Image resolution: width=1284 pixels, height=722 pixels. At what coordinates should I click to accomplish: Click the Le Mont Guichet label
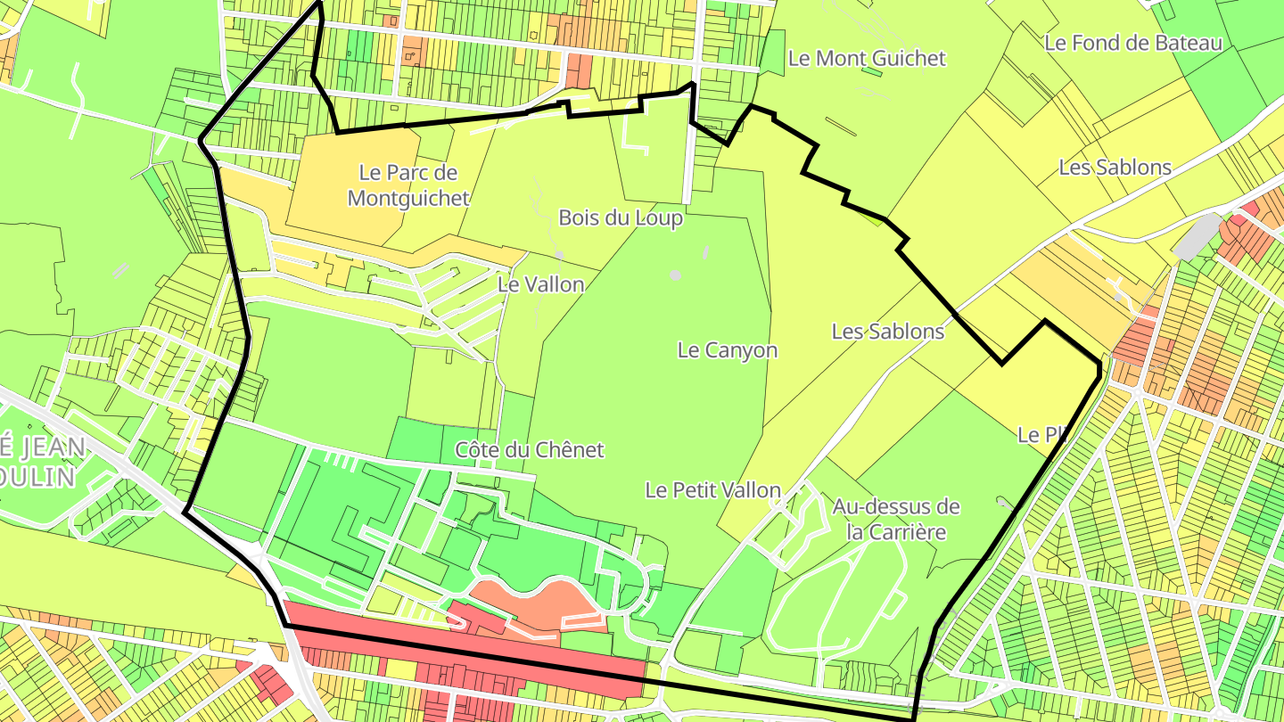[867, 59]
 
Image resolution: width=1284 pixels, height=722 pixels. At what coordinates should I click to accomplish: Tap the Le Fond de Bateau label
[1132, 43]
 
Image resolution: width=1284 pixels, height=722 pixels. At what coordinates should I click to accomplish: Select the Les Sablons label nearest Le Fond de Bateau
[1115, 168]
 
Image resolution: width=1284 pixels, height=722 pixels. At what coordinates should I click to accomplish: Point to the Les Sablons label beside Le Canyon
[887, 332]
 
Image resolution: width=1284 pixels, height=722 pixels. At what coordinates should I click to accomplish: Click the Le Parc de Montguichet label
[408, 185]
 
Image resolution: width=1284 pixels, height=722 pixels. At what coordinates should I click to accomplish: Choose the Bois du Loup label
[621, 218]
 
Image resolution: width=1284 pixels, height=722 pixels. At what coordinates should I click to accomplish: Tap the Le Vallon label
[540, 285]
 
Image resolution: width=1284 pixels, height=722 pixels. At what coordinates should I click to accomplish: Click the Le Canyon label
[727, 350]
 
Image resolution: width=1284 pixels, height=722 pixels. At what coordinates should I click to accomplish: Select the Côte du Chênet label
[529, 450]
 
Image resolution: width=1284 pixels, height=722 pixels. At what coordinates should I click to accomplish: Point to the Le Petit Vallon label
[712, 490]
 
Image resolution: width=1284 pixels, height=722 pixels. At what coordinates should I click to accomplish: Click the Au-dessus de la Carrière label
[895, 520]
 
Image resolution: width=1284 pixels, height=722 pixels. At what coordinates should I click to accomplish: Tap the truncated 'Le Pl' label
[1041, 436]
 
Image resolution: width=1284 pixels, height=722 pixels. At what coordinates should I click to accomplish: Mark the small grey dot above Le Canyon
[675, 275]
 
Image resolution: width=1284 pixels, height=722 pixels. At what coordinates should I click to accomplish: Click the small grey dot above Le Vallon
[559, 255]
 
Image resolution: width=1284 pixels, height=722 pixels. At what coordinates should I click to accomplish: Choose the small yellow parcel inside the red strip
[401, 669]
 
